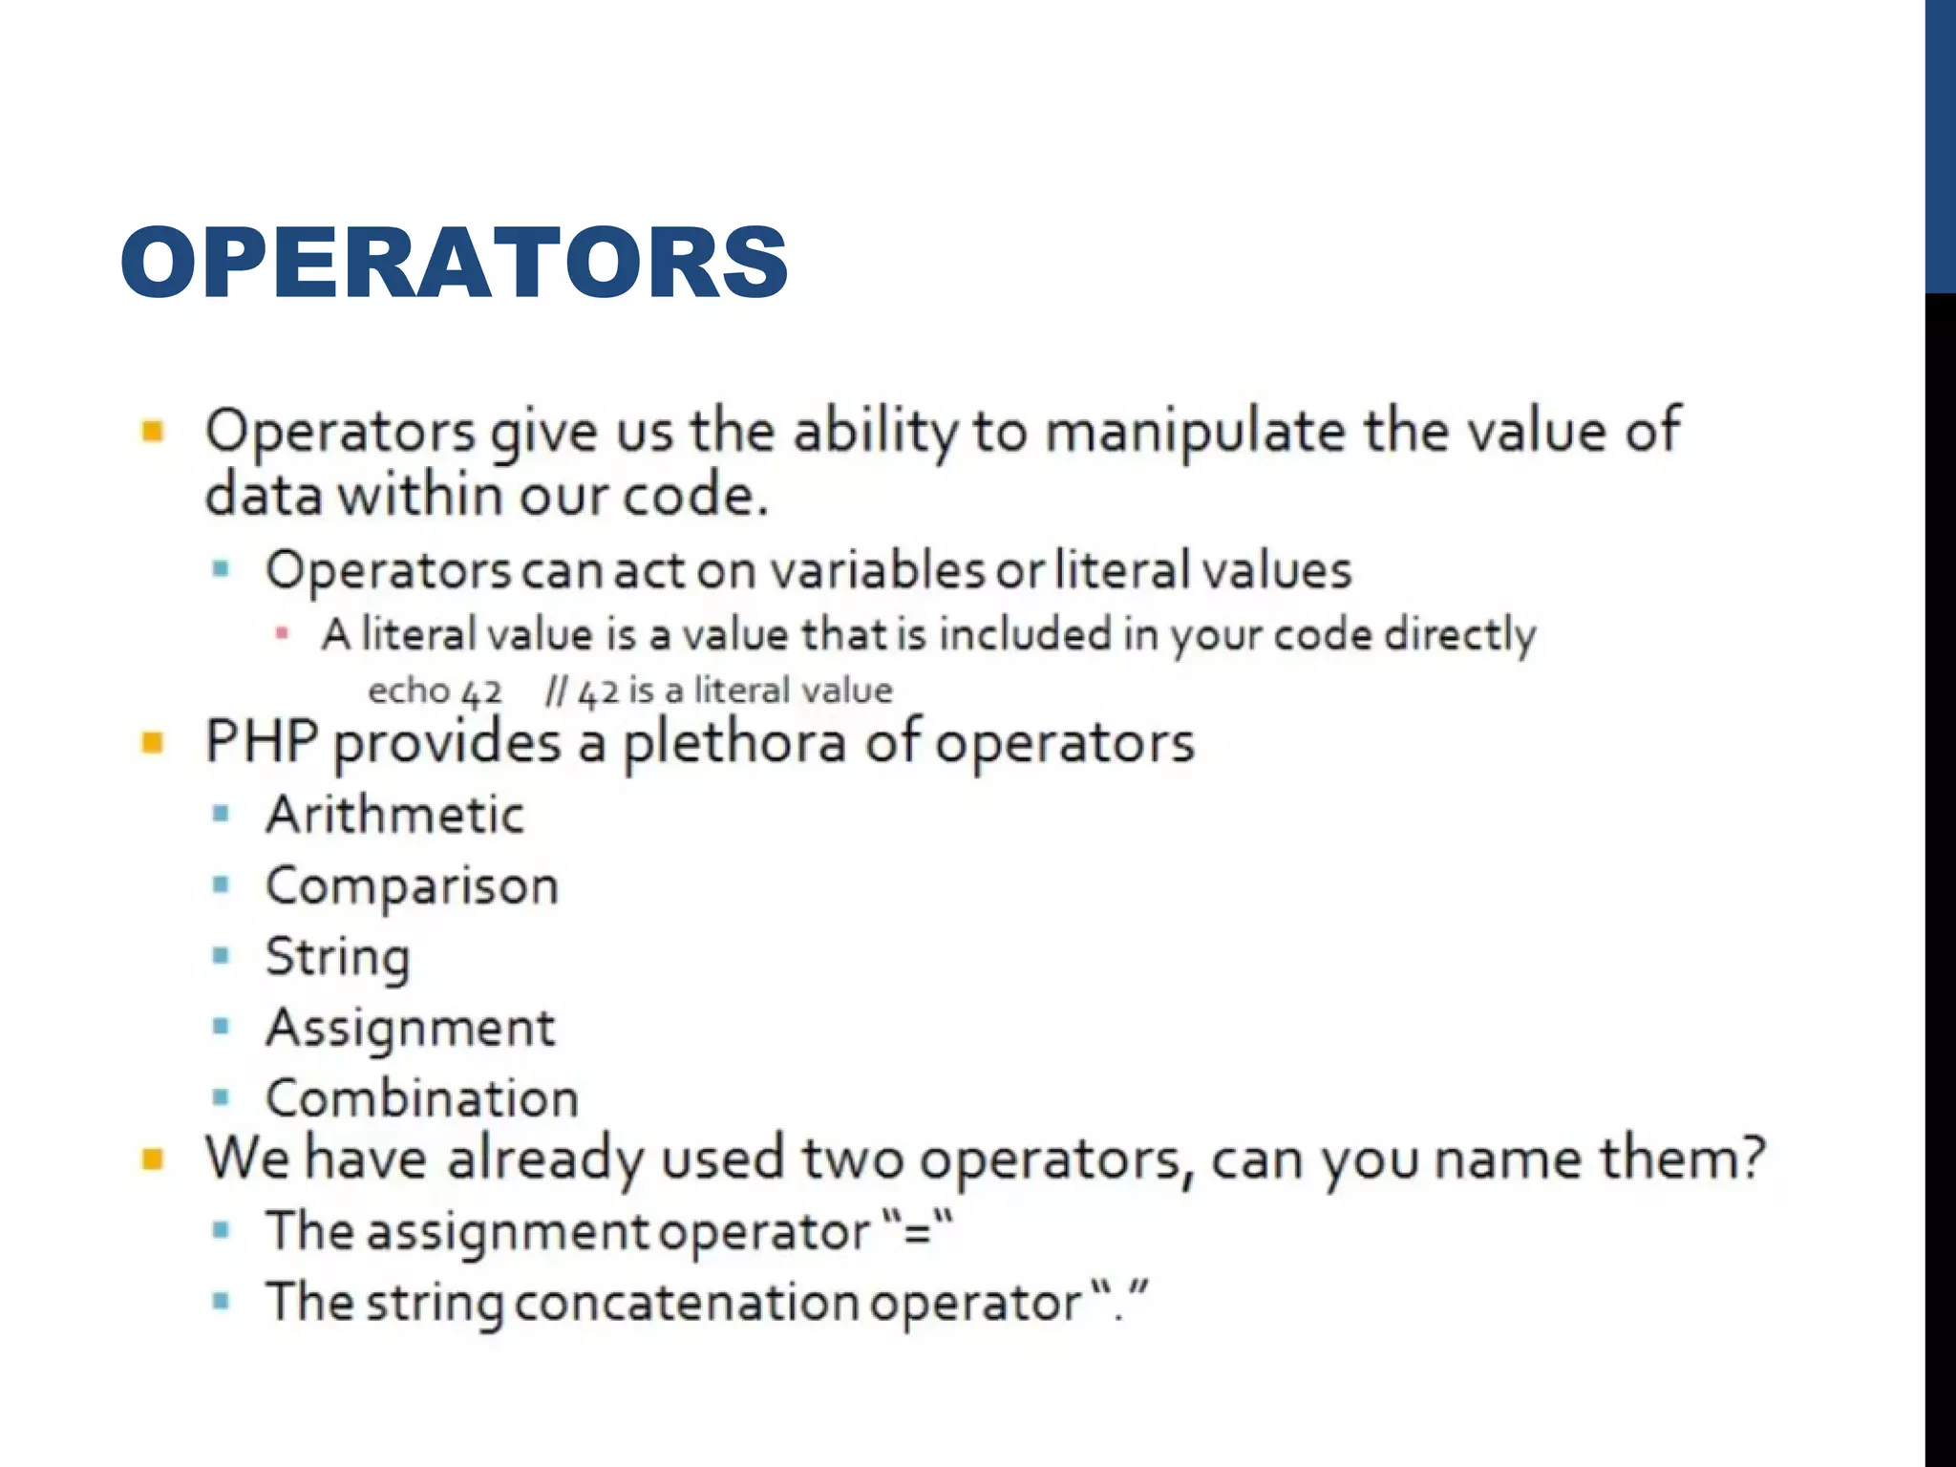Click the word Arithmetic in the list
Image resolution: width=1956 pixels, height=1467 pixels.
pyautogui.click(x=395, y=815)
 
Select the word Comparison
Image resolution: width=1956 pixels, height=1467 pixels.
pyautogui.click(x=412, y=885)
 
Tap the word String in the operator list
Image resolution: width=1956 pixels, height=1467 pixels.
pyautogui.click(x=338, y=956)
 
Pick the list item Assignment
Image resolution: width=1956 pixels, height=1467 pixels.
pyautogui.click(x=411, y=1028)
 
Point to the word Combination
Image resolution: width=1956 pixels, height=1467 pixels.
pyautogui.click(x=422, y=1098)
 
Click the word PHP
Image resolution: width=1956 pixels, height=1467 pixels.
pyautogui.click(x=262, y=741)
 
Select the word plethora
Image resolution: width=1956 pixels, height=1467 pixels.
pyautogui.click(x=734, y=742)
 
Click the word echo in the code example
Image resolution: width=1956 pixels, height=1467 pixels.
pyautogui.click(x=408, y=690)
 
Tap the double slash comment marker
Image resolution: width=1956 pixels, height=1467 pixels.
pyautogui.click(x=555, y=690)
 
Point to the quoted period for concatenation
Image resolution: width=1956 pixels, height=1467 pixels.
pyautogui.click(x=1119, y=1302)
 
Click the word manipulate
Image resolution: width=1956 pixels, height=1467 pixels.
pyautogui.click(x=1194, y=432)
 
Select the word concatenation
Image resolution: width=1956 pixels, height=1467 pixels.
pyautogui.click(x=687, y=1302)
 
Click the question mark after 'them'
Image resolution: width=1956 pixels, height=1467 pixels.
pyautogui.click(x=1753, y=1158)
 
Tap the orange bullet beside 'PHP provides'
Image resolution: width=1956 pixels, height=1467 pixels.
pyautogui.click(x=153, y=742)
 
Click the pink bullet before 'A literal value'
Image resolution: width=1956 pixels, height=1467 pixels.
pyautogui.click(x=282, y=633)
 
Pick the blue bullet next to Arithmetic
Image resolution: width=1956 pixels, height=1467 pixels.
pyautogui.click(x=222, y=814)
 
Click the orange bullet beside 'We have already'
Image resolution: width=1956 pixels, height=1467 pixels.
pyautogui.click(x=153, y=1159)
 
